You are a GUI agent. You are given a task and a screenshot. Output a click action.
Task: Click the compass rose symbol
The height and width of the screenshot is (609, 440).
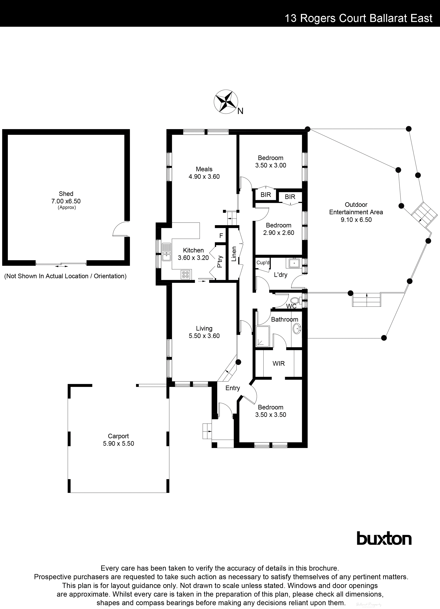[226, 102]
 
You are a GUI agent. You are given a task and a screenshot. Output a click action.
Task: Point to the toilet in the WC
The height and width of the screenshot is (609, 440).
[295, 300]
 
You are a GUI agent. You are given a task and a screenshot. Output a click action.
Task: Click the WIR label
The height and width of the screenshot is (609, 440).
[279, 364]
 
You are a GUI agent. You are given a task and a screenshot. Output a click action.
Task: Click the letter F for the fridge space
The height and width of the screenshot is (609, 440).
[221, 236]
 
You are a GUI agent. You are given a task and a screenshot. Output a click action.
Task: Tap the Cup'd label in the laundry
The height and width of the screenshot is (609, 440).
[263, 263]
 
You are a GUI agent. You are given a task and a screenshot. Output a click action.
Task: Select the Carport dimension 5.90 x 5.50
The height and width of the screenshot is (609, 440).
[118, 444]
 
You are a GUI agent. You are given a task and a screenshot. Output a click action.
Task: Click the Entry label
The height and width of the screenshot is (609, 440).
[233, 388]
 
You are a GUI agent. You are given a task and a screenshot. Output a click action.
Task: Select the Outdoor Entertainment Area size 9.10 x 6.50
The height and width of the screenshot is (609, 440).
[356, 220]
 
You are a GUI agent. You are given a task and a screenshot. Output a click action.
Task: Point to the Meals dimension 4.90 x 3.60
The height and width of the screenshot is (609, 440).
[204, 176]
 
